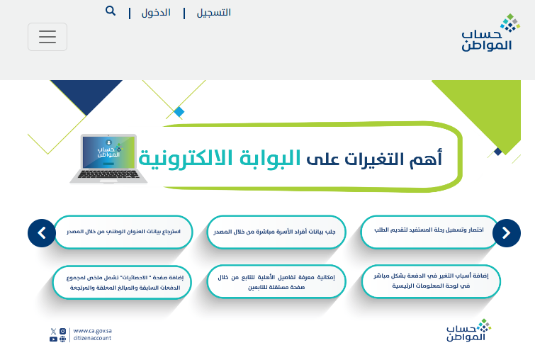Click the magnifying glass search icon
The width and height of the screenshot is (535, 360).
tap(111, 11)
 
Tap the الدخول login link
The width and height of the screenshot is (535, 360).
tap(156, 13)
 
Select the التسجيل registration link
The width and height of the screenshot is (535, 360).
tap(213, 13)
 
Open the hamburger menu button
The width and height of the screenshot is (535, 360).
tap(47, 37)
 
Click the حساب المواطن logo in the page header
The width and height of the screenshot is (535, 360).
tap(490, 33)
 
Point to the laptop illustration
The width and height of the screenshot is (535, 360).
tap(108, 159)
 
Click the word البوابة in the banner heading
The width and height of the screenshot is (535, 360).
tap(270, 158)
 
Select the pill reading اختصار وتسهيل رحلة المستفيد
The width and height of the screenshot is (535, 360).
tap(429, 232)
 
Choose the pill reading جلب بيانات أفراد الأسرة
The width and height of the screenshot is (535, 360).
tap(276, 232)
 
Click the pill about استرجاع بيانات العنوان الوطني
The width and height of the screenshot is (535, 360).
tap(123, 232)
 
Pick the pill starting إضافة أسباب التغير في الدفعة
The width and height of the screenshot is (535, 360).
tap(431, 281)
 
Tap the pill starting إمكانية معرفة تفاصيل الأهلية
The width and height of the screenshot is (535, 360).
tap(276, 282)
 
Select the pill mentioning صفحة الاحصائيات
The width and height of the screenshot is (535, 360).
tap(122, 283)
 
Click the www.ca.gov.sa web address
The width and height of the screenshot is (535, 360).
tap(92, 331)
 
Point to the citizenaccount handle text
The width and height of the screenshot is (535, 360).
tap(92, 338)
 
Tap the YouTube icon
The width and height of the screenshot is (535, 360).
tap(53, 339)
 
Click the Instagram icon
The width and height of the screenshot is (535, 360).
tap(63, 331)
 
